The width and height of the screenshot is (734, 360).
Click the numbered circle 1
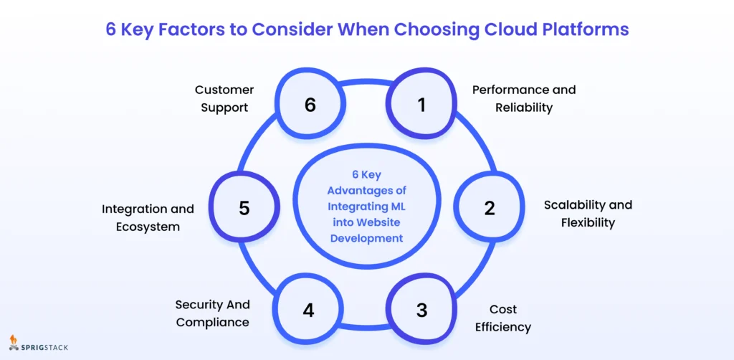421,105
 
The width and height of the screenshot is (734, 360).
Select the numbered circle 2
489,208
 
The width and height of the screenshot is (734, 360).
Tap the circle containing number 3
421,311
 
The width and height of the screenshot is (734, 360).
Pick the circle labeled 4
308,311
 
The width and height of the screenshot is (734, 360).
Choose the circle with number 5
244,208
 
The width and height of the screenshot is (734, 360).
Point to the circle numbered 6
310,105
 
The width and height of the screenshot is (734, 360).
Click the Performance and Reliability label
524,99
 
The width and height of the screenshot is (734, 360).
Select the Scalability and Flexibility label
588,214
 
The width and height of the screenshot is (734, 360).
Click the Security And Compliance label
212,313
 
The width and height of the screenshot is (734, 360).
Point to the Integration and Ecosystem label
148,218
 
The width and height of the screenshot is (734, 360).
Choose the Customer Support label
224,99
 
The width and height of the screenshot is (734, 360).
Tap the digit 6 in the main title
110,29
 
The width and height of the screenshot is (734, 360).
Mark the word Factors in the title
192,29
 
